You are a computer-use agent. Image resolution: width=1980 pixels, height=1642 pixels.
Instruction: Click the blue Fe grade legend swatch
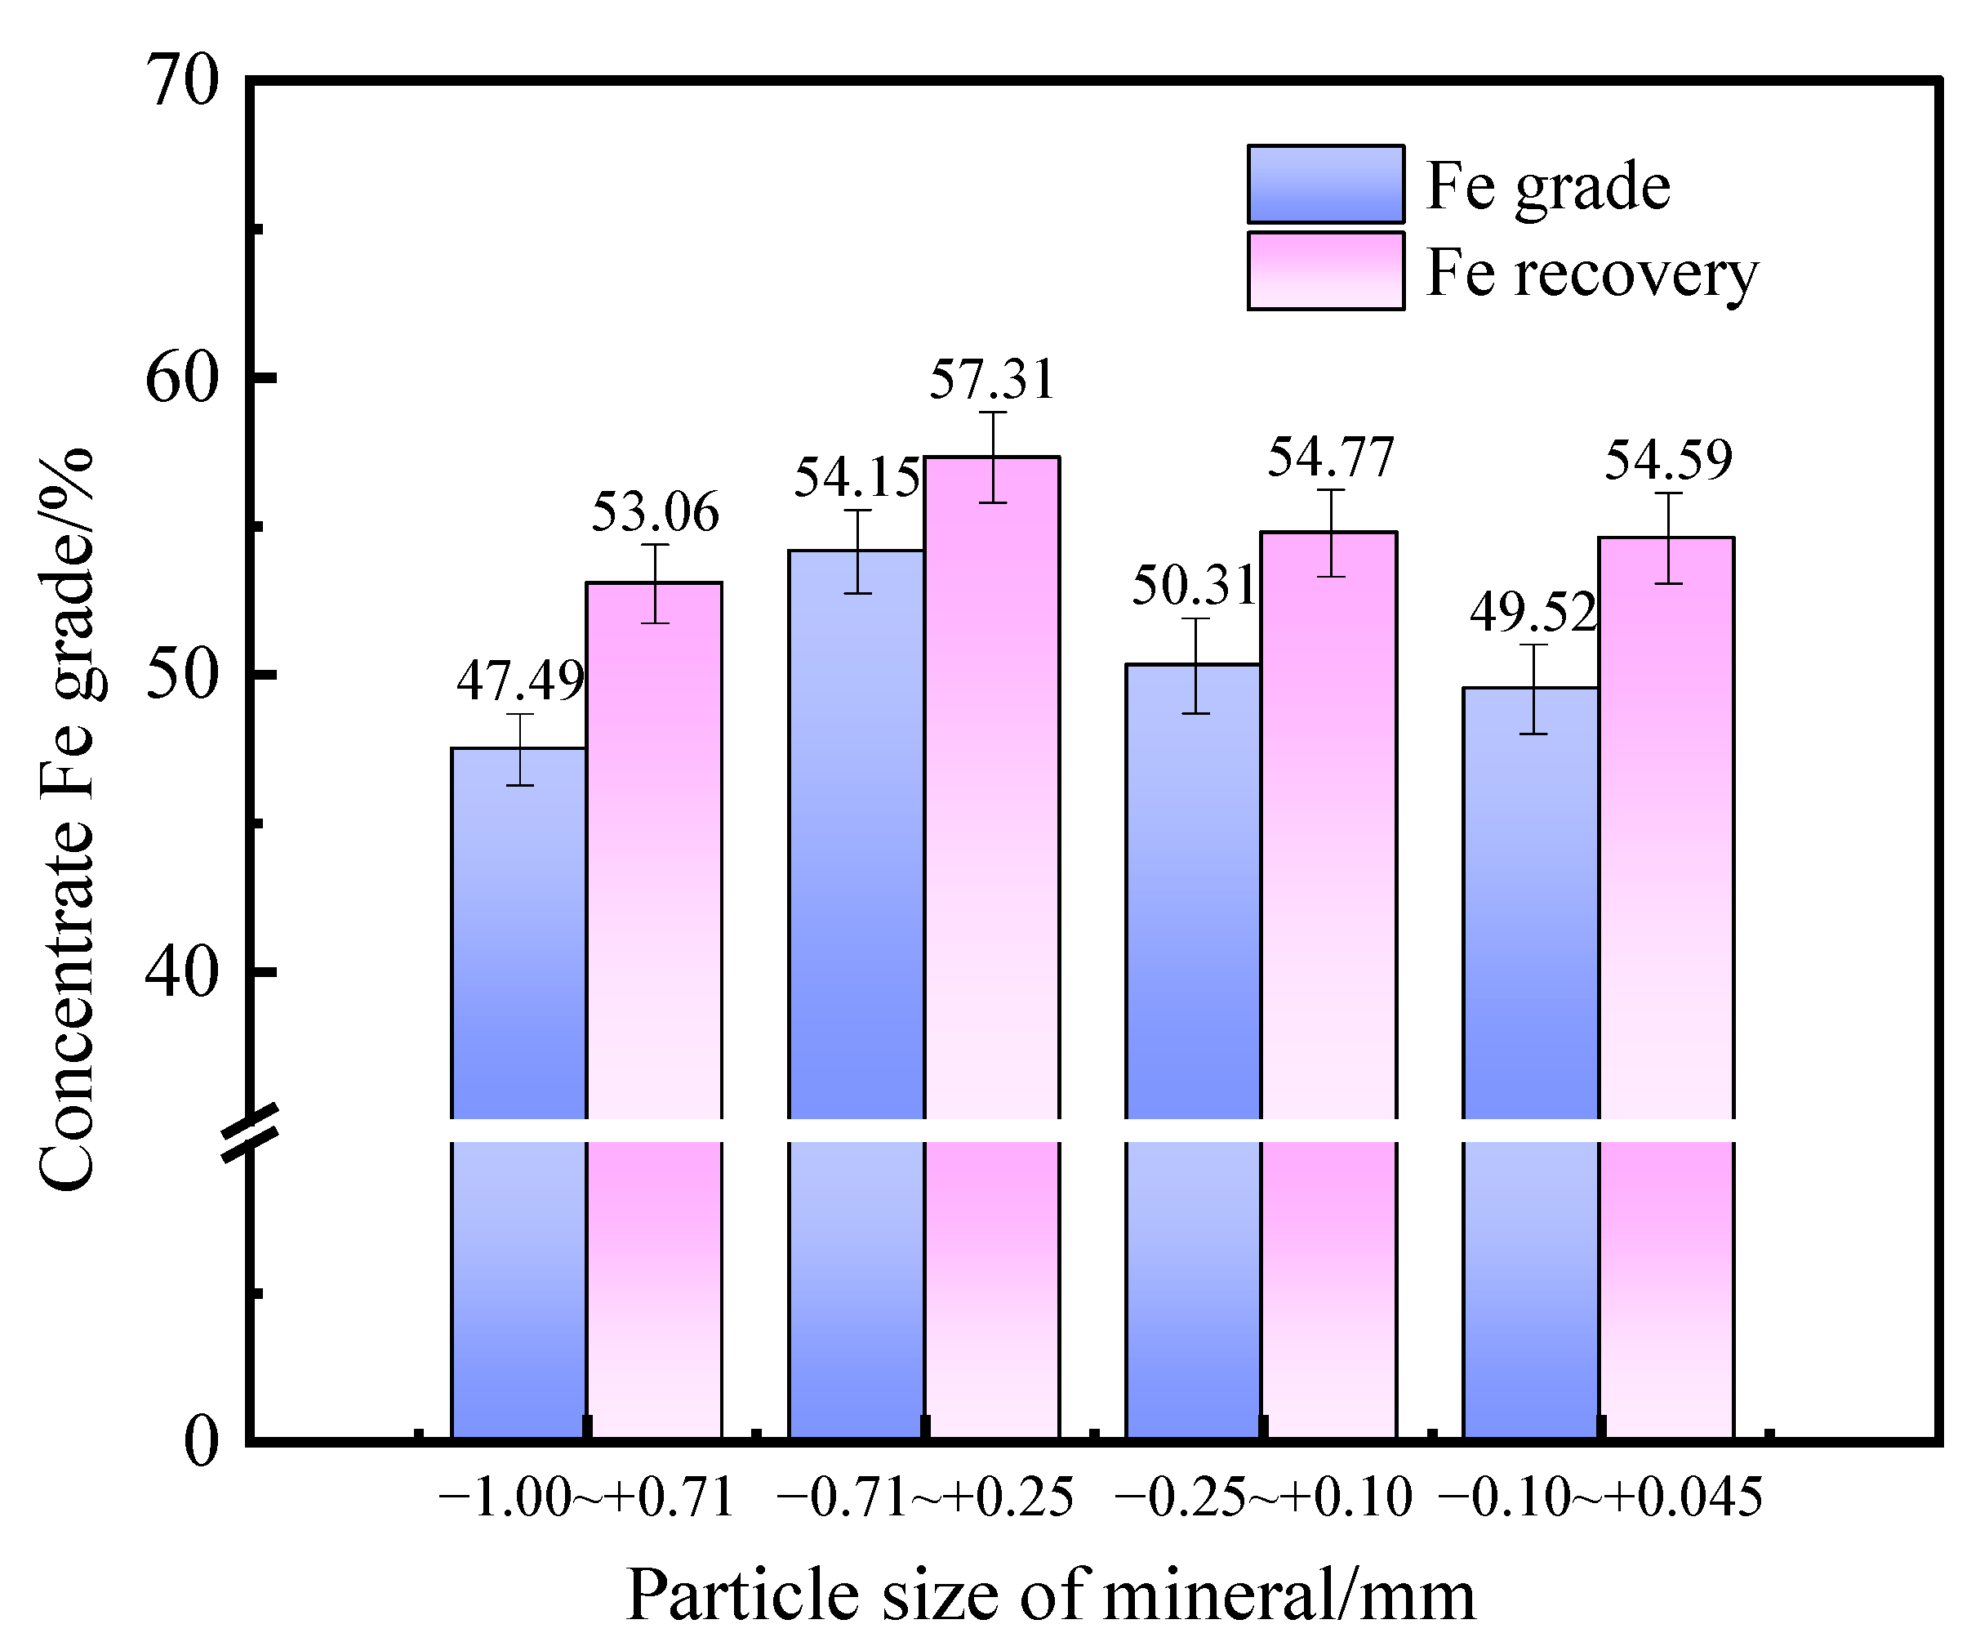[1324, 184]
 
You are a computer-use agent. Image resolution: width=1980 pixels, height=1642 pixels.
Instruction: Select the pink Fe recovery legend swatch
[1324, 270]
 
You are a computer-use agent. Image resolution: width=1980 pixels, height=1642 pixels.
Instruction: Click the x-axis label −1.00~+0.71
[586, 1497]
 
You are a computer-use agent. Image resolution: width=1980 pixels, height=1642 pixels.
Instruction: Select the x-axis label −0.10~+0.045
[1600, 1497]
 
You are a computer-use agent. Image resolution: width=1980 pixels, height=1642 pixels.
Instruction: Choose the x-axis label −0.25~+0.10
[1262, 1497]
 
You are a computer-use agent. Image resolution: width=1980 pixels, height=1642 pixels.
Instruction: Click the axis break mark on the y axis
[251, 1131]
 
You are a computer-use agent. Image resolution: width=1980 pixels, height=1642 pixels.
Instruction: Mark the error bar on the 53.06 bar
[654, 584]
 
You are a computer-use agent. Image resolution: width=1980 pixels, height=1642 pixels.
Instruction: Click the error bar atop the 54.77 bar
[1330, 533]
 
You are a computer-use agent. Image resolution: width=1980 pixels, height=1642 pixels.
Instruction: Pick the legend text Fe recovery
[1591, 273]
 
